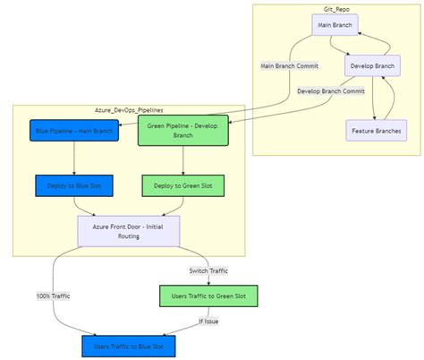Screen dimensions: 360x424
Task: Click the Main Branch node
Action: [x=335, y=25]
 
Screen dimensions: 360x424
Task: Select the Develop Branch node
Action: [x=372, y=65]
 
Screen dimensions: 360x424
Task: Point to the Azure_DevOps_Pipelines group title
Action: [x=129, y=109]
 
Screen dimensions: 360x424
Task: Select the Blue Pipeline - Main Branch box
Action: [x=73, y=132]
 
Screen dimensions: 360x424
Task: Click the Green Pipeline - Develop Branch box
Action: [x=183, y=132]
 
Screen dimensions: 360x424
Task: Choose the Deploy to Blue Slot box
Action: [x=73, y=186]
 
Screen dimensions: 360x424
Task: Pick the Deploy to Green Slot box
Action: [x=183, y=186]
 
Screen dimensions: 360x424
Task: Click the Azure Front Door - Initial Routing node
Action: [x=129, y=231]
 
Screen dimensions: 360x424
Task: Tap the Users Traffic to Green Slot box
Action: [x=208, y=295]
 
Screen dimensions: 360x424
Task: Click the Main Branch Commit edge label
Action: [x=288, y=65]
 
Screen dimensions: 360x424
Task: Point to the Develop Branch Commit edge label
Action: [x=329, y=90]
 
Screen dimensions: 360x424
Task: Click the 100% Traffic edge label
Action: [x=53, y=295]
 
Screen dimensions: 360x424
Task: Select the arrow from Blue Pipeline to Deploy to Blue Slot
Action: [x=73, y=159]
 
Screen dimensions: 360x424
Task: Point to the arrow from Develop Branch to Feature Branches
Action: [x=372, y=99]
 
